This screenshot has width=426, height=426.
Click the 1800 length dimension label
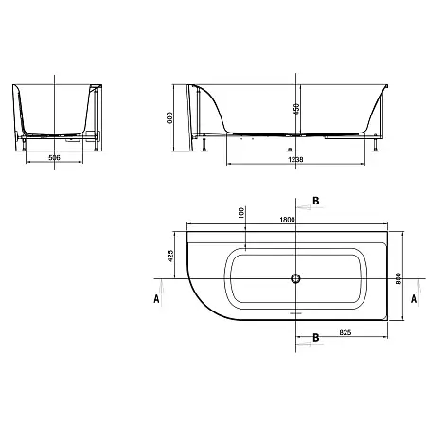coord(287,220)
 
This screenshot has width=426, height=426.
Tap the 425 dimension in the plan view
coord(170,256)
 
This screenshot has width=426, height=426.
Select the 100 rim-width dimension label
coord(241,213)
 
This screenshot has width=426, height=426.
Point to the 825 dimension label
coord(346,332)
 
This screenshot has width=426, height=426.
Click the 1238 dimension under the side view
coord(295,160)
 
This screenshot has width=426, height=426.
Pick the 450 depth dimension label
coord(296,109)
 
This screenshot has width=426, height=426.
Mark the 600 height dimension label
coord(169,117)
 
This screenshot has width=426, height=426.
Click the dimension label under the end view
coord(54,157)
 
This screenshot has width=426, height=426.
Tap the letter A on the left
coord(156,298)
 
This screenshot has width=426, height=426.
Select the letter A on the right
coord(414,298)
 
